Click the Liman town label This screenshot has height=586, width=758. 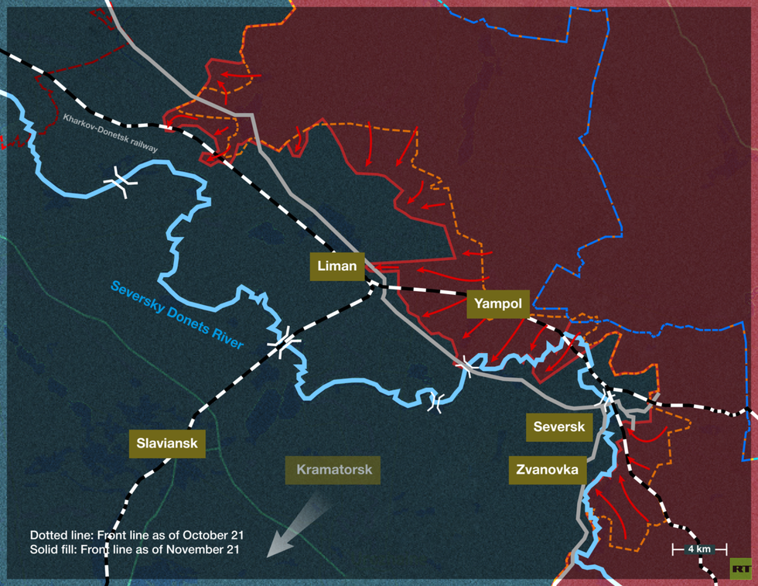[336, 266]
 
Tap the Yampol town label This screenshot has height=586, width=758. [497, 303]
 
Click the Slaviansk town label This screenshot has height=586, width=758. [167, 444]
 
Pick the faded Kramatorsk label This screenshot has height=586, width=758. [333, 469]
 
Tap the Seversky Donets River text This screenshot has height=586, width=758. [176, 314]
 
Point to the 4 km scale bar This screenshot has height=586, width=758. [698, 550]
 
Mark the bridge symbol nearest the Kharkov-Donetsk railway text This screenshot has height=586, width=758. [121, 181]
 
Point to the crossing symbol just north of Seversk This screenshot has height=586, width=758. [609, 398]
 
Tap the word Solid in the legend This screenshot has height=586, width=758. [43, 550]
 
